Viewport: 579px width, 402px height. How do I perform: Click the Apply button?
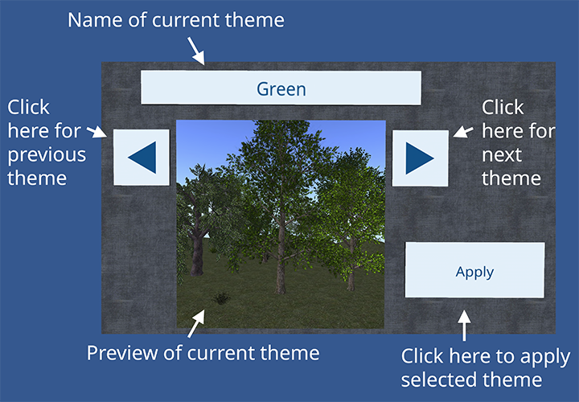[474, 270]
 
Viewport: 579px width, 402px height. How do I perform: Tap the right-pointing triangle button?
[421, 158]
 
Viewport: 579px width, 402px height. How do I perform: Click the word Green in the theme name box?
[281, 89]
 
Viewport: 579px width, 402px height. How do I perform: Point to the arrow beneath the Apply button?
[464, 325]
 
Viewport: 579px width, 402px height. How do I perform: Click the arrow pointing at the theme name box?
[195, 51]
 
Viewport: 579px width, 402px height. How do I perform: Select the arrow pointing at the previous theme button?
[96, 132]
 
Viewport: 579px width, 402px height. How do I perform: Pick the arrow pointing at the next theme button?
[463, 132]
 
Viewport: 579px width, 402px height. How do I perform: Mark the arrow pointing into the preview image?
[196, 323]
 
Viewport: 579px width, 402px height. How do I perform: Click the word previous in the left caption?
[47, 155]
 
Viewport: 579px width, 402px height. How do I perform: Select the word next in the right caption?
[502, 155]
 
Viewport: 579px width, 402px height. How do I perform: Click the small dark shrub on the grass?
[221, 298]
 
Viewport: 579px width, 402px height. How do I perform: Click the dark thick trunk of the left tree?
[197, 255]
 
